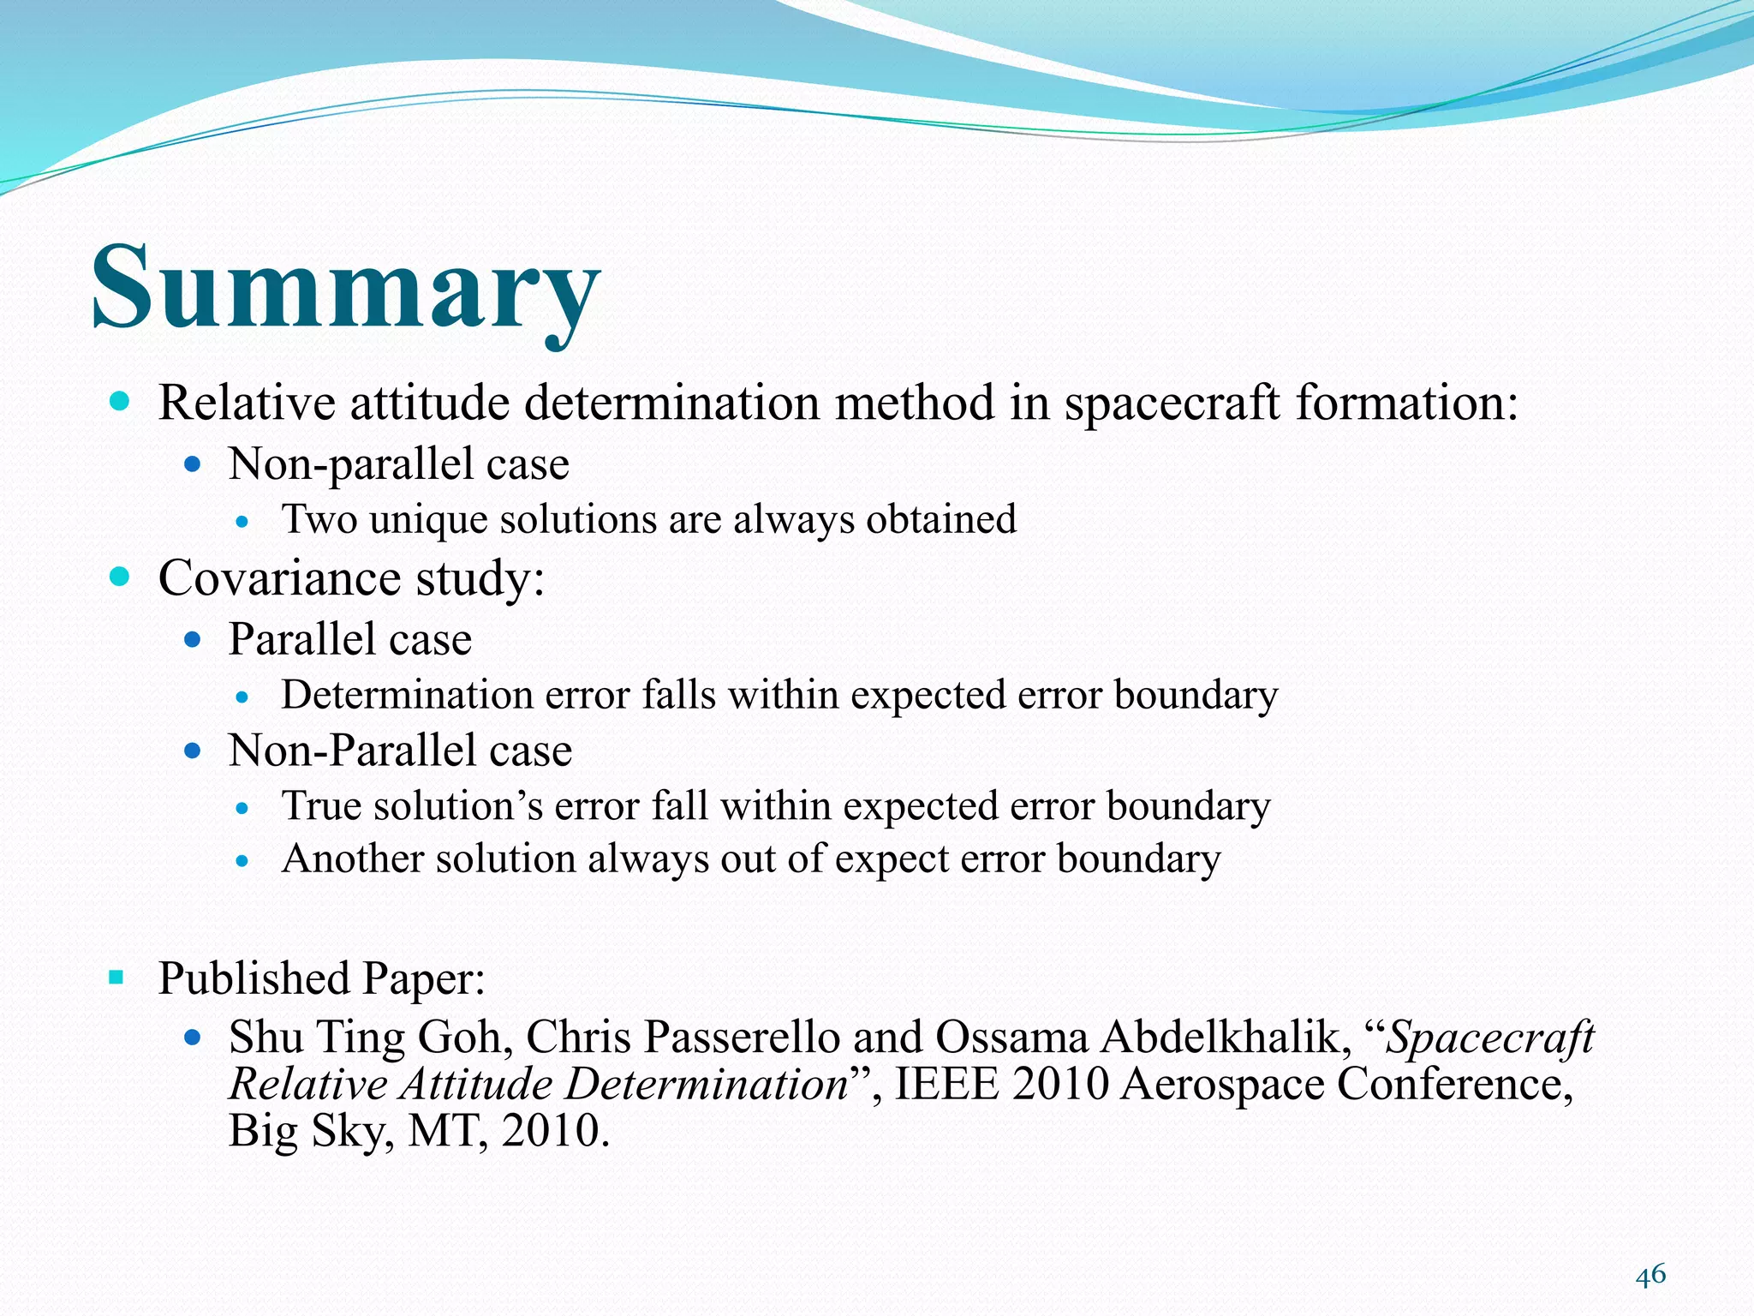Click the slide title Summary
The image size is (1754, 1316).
point(346,288)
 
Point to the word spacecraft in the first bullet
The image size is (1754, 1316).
point(1172,403)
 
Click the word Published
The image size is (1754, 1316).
point(254,978)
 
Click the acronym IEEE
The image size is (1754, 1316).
point(946,1085)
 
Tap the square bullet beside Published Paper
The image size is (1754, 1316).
point(116,977)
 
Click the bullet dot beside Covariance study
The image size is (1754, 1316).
point(119,577)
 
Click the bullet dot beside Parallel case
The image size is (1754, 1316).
point(193,639)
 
